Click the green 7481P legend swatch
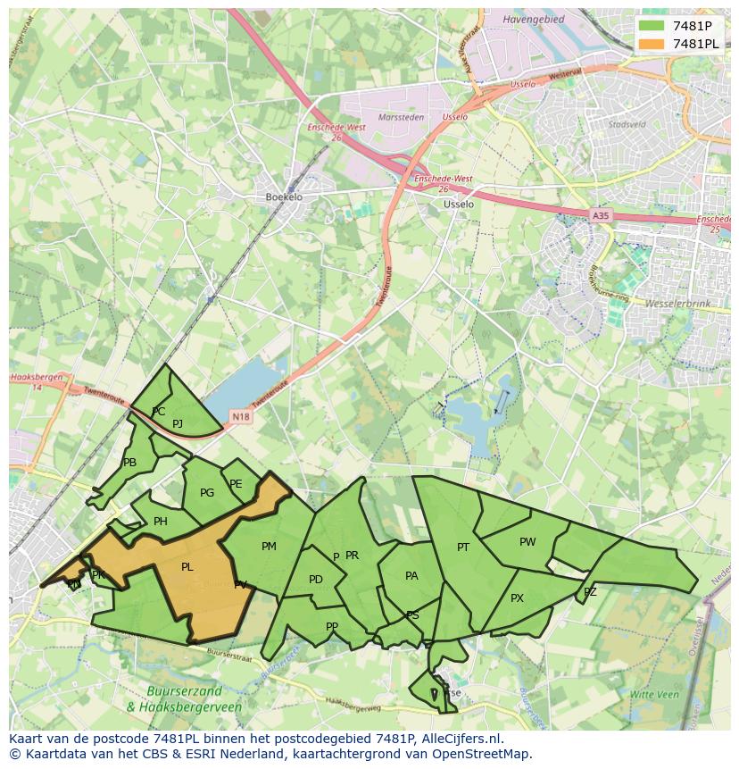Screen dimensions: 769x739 click(x=652, y=26)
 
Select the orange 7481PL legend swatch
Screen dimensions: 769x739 click(x=652, y=44)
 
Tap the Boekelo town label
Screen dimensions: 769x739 click(x=284, y=197)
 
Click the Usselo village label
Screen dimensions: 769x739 click(x=459, y=204)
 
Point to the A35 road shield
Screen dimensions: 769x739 click(x=602, y=215)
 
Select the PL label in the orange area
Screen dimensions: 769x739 click(x=187, y=567)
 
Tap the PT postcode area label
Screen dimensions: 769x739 click(x=463, y=547)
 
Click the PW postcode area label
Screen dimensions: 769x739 click(x=527, y=542)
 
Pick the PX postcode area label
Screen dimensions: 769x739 click(x=517, y=598)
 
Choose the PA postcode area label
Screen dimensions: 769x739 click(x=411, y=576)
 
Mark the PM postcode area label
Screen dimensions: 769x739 click(x=269, y=547)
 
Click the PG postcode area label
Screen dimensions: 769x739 click(x=207, y=493)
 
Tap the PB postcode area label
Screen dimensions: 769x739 click(x=130, y=463)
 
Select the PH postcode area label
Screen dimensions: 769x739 click(x=161, y=522)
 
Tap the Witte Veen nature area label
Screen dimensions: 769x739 click(x=654, y=694)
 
